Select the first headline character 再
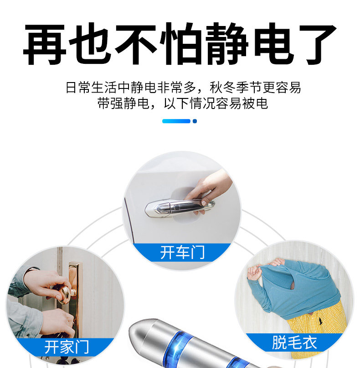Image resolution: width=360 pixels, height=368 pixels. pyautogui.click(x=45, y=44)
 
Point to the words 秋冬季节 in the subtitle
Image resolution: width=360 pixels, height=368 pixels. pyautogui.click(x=236, y=88)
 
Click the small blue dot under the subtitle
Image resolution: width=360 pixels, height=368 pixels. pyautogui.click(x=195, y=121)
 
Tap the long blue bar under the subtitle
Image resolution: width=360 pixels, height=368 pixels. pyautogui.click(x=176, y=121)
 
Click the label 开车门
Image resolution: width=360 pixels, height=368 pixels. pyautogui.click(x=182, y=253)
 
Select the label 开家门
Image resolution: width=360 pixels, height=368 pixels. pyautogui.click(x=67, y=347)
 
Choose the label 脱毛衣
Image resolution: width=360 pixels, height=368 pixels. pyautogui.click(x=294, y=342)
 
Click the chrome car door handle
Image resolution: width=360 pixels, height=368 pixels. pyautogui.click(x=180, y=208)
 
